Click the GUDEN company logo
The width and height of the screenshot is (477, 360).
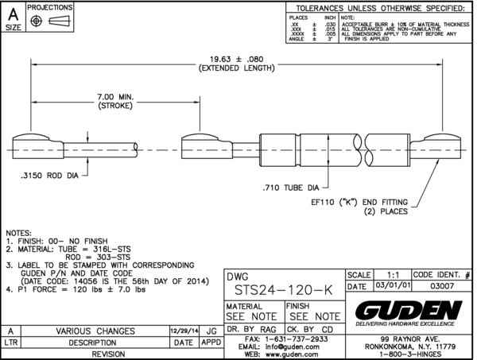(407, 309)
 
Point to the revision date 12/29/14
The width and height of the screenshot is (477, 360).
(184, 331)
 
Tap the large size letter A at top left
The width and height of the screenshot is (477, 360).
(13, 13)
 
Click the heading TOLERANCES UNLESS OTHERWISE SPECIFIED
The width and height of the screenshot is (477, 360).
(381, 8)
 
